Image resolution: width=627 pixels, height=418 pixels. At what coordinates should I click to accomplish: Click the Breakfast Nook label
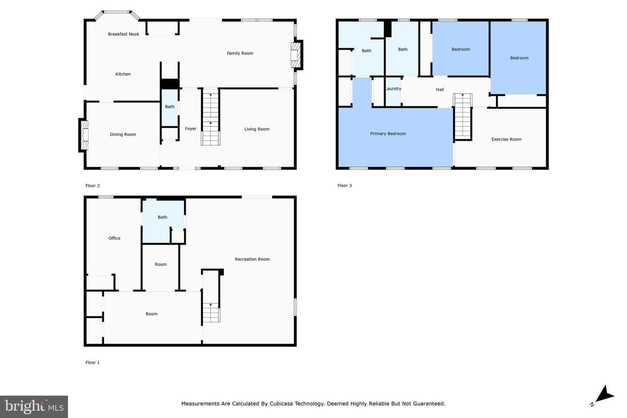click(x=124, y=34)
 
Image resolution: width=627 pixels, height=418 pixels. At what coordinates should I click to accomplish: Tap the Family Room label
click(x=240, y=53)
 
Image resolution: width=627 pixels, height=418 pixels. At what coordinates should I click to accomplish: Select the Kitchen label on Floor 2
click(x=123, y=74)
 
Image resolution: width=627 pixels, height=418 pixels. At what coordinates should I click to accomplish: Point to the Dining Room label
click(x=123, y=135)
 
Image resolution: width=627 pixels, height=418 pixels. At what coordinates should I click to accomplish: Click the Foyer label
click(x=191, y=129)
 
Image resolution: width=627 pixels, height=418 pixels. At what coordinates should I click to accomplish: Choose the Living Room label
click(x=257, y=129)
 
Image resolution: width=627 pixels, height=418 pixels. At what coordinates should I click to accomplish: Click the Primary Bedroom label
click(x=388, y=134)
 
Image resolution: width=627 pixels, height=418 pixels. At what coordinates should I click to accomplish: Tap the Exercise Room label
click(x=506, y=139)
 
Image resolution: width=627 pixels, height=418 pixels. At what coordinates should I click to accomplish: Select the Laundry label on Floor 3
click(x=393, y=89)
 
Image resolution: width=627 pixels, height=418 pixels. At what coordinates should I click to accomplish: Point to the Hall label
click(x=440, y=90)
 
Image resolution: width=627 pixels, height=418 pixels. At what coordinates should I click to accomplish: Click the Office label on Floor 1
click(x=114, y=238)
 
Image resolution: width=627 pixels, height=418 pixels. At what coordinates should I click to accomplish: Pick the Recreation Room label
click(x=252, y=259)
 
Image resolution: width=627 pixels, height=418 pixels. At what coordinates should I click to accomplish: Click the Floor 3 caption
click(x=344, y=185)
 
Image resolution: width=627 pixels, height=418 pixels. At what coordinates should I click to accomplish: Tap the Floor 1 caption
click(x=92, y=363)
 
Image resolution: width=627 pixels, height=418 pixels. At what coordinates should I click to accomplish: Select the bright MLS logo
click(x=34, y=407)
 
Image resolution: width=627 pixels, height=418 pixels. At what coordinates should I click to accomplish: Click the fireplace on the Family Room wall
click(x=297, y=55)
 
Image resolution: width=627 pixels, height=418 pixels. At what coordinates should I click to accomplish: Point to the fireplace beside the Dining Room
click(x=84, y=135)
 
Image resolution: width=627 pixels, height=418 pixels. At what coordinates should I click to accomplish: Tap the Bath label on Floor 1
click(x=162, y=217)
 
